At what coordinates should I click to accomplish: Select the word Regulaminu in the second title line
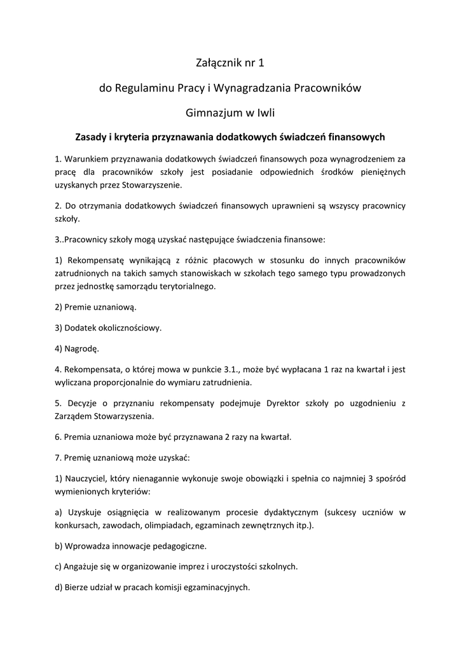click(x=144, y=88)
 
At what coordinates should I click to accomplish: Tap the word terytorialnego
click(x=186, y=286)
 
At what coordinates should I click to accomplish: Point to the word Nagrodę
click(x=82, y=348)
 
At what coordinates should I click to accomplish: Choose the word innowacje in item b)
click(x=135, y=545)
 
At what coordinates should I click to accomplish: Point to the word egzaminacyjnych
click(x=216, y=587)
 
